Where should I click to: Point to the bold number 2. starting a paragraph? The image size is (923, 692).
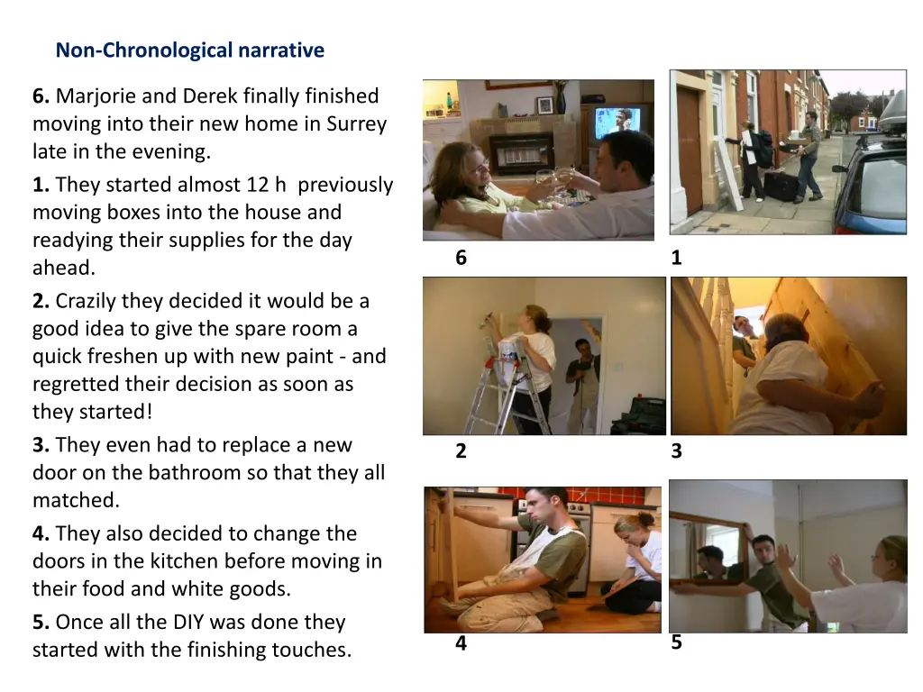click(41, 301)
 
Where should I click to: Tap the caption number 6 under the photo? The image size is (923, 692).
click(461, 257)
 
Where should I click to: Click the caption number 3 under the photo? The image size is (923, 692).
click(676, 451)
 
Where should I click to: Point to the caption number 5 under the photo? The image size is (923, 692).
click(676, 642)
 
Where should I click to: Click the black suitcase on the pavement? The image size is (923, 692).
click(780, 185)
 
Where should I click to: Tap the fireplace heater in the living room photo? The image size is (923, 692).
click(521, 154)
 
